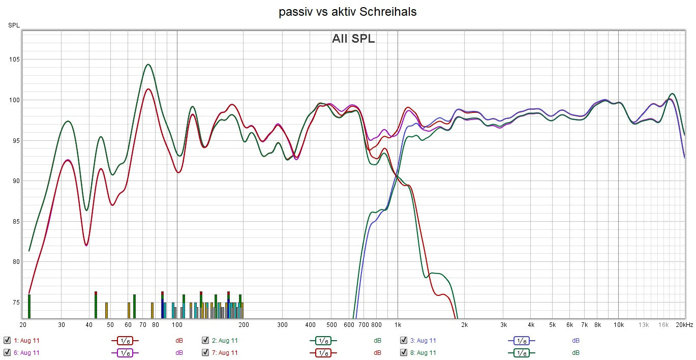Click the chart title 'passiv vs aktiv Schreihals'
(348, 12)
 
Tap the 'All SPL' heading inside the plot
(353, 39)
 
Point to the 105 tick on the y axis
(14, 59)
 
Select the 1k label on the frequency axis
(398, 325)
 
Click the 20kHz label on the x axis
(684, 325)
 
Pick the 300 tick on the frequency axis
(282, 325)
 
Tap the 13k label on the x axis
(644, 325)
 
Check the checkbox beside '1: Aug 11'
(7, 341)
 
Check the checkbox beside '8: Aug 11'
(404, 352)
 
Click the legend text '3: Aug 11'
(423, 341)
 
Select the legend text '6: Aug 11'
(26, 352)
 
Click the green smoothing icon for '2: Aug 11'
(323, 341)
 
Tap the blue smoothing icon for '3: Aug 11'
(522, 341)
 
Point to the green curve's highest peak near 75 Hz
(148, 65)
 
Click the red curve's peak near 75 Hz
(148, 89)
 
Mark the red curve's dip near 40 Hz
(86, 245)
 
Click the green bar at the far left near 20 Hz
(29, 306)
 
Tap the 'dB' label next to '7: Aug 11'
(377, 352)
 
